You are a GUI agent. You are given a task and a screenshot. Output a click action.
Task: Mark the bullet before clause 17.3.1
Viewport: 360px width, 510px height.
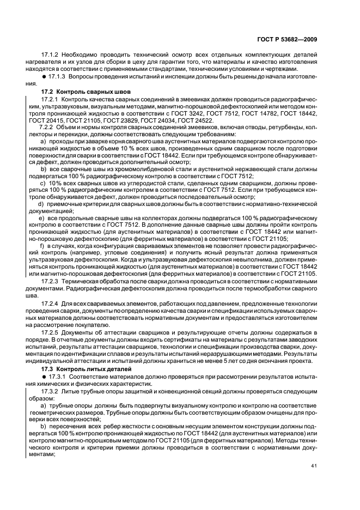[x=44, y=377]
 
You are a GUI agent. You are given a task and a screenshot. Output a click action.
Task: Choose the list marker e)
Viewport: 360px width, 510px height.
[x=41, y=218]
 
